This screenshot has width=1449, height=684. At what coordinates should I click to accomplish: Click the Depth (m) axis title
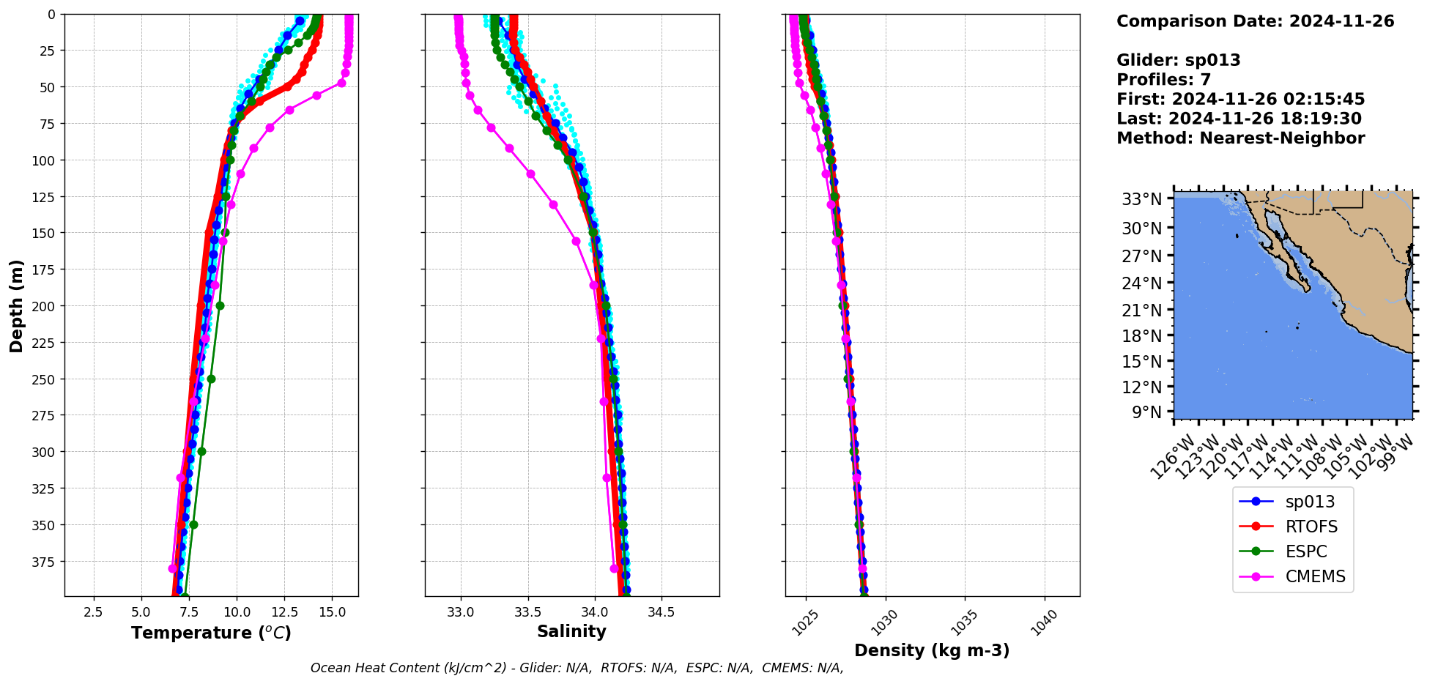pyautogui.click(x=16, y=305)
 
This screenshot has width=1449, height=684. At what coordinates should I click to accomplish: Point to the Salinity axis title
pyautogui.click(x=571, y=631)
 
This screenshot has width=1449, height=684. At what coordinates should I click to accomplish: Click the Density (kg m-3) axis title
pyautogui.click(x=932, y=650)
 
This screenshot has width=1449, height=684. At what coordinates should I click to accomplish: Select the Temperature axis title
pyautogui.click(x=211, y=633)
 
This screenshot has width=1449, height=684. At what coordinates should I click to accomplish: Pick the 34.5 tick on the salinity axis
pyautogui.click(x=661, y=612)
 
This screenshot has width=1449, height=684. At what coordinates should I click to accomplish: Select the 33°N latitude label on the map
pyautogui.click(x=1142, y=199)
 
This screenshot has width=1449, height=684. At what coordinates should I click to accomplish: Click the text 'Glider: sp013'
pyautogui.click(x=1178, y=60)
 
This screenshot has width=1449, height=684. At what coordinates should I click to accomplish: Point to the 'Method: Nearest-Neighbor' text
pyautogui.click(x=1240, y=138)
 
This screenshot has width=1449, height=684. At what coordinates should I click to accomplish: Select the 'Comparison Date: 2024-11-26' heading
pyautogui.click(x=1255, y=21)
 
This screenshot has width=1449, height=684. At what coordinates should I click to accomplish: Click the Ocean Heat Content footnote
pyautogui.click(x=577, y=668)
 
